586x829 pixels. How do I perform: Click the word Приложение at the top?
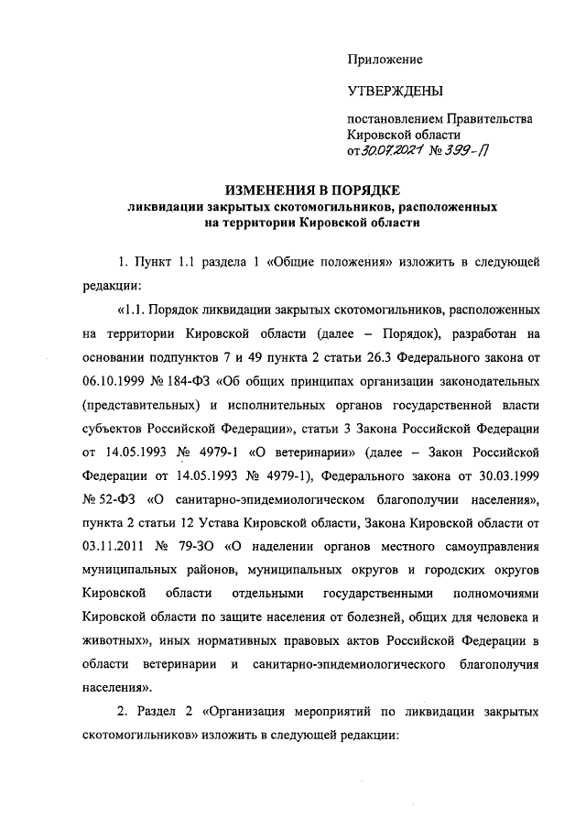(x=385, y=60)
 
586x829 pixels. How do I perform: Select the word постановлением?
(x=395, y=119)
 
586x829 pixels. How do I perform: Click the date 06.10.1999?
(x=112, y=378)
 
